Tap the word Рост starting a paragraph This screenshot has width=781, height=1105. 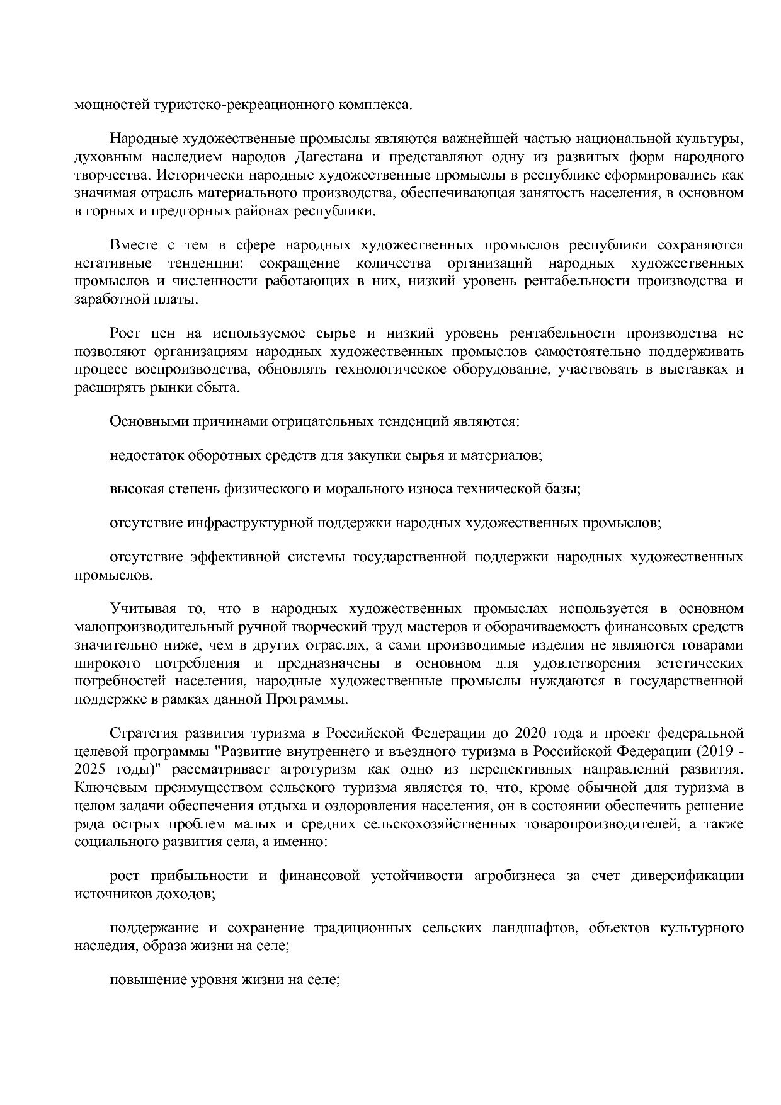125,333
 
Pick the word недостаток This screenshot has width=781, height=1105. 147,455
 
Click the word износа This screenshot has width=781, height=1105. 434,489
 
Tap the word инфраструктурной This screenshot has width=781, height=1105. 259,523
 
